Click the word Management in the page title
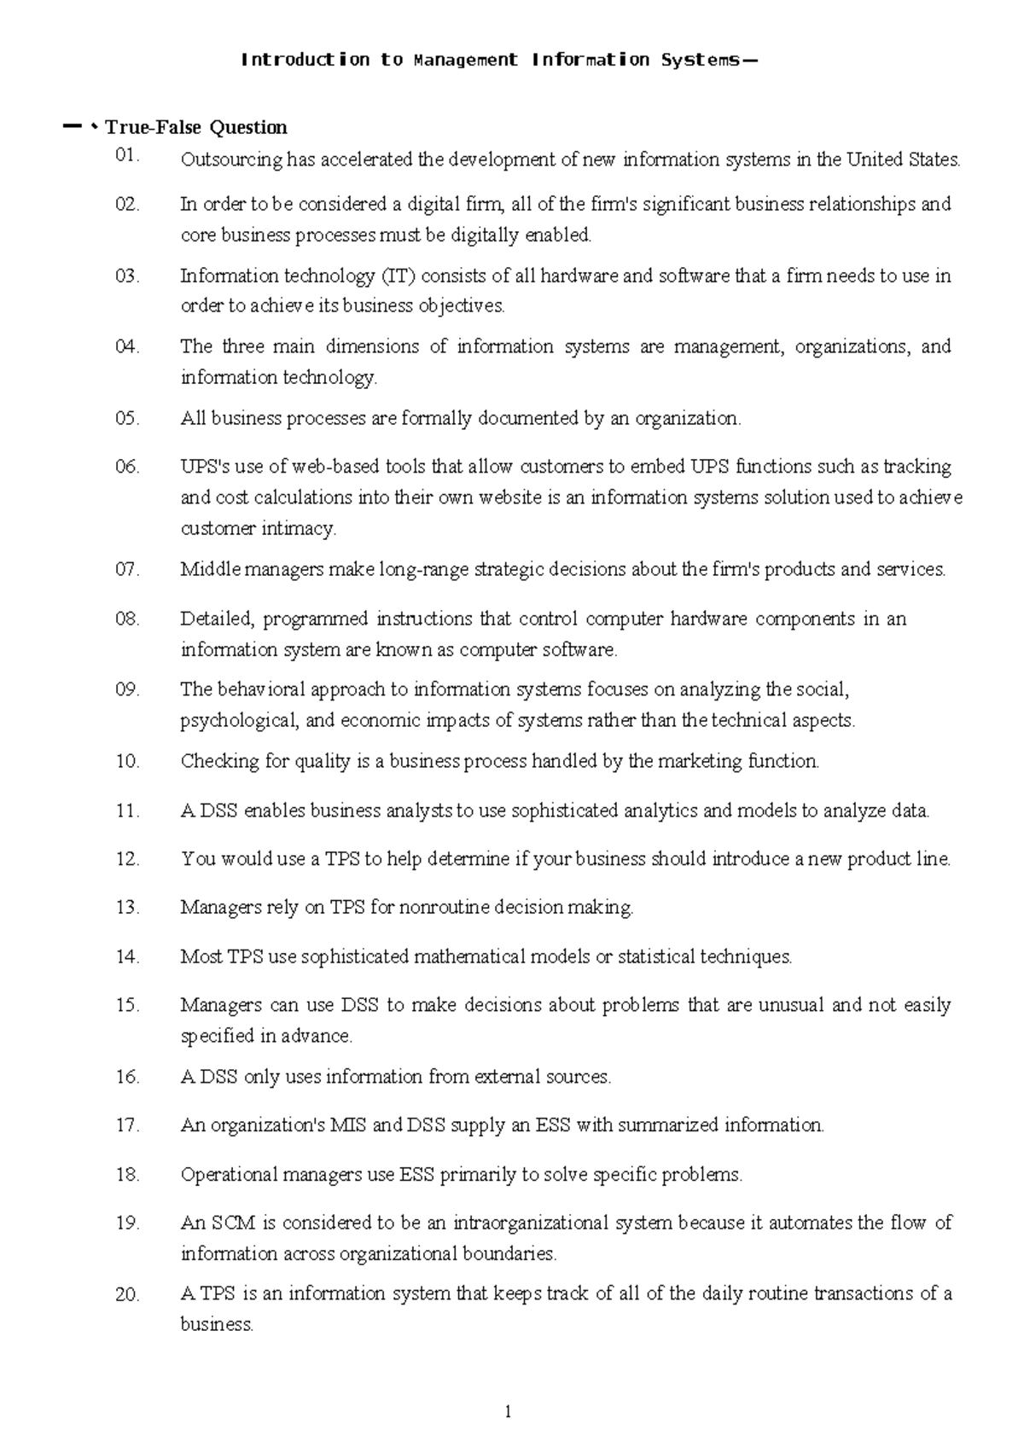click(x=465, y=60)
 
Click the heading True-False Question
click(x=195, y=128)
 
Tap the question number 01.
click(x=126, y=156)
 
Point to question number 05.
click(x=126, y=418)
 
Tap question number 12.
click(x=126, y=858)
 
